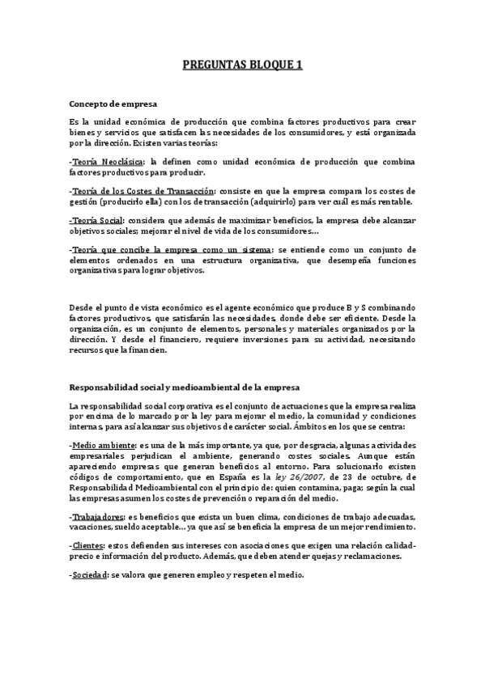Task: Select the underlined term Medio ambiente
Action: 104,444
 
